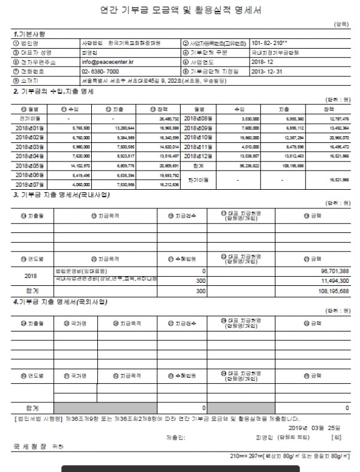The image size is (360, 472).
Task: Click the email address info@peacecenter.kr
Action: coord(105,62)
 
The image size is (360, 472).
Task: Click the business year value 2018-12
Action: coord(263,62)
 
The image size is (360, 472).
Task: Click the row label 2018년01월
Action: coord(30,128)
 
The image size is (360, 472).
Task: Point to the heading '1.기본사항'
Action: coord(29,34)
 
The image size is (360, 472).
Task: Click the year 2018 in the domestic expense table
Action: coord(31,276)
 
